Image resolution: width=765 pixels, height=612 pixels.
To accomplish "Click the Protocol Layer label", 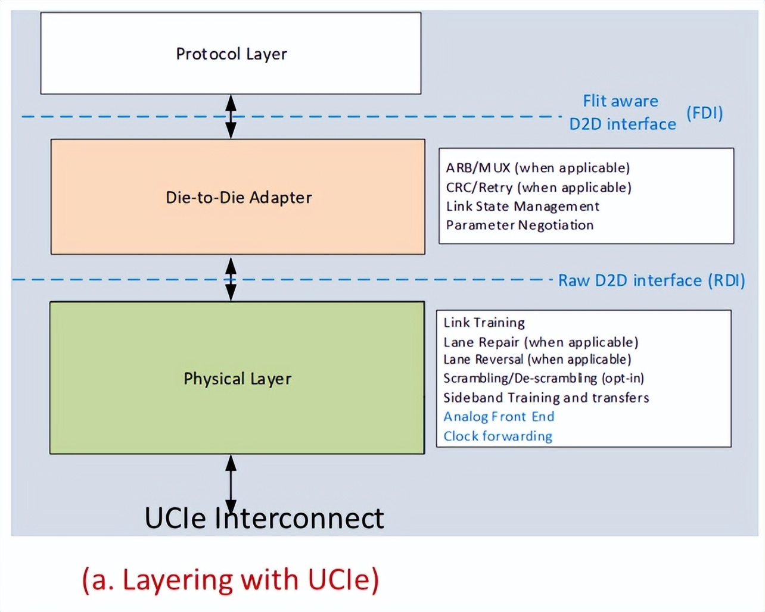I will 231,54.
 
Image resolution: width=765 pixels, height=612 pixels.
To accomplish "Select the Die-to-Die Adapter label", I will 238,198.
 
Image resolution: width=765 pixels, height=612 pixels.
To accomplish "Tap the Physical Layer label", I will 237,379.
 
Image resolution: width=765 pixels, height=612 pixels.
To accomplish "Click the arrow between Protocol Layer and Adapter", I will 231,117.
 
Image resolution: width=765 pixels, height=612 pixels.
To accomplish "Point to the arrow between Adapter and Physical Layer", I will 231,279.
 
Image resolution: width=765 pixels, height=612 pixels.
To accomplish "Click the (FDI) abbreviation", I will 704,113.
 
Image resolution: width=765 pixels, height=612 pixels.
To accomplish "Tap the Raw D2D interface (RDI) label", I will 651,280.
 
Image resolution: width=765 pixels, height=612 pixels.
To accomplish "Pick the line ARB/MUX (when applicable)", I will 537,168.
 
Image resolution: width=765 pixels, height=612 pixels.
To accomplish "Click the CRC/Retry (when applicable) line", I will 538,188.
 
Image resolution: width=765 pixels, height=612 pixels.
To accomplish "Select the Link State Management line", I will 523,207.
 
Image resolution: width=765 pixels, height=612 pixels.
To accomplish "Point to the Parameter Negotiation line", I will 520,226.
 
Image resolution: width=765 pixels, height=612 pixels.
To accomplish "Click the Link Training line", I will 484,323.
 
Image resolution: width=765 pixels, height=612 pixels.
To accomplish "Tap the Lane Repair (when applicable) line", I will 540,342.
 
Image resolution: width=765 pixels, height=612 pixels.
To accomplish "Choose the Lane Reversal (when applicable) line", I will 537,360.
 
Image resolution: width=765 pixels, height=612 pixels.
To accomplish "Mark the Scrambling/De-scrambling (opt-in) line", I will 543,379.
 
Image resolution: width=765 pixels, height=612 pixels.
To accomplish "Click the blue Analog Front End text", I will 499,417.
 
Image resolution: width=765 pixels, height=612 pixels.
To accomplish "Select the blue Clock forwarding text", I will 497,436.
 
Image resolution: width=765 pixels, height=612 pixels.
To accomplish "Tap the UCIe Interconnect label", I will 264,519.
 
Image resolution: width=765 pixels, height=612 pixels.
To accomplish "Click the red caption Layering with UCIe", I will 231,580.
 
